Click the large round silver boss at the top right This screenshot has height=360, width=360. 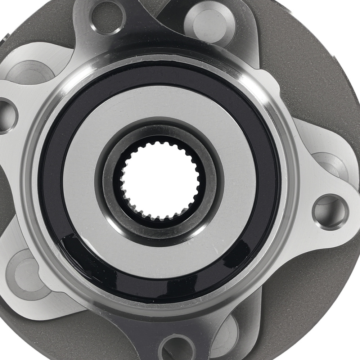pos(209,18)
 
